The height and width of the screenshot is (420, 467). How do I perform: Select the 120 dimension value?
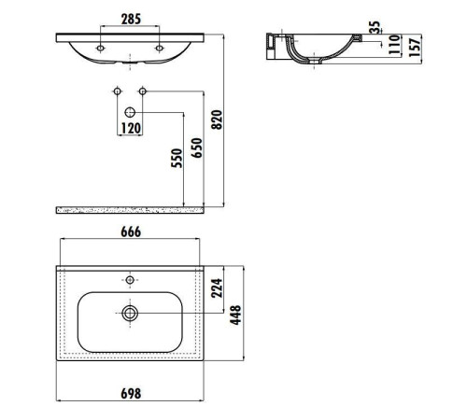click(x=130, y=127)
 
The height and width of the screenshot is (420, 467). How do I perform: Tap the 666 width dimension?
click(x=130, y=233)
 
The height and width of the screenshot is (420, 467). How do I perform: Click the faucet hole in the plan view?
click(x=130, y=278)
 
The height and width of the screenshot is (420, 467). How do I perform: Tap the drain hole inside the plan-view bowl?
click(x=130, y=314)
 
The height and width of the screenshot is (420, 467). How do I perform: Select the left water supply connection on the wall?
click(x=117, y=91)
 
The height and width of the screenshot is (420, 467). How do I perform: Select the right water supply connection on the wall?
click(x=143, y=91)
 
